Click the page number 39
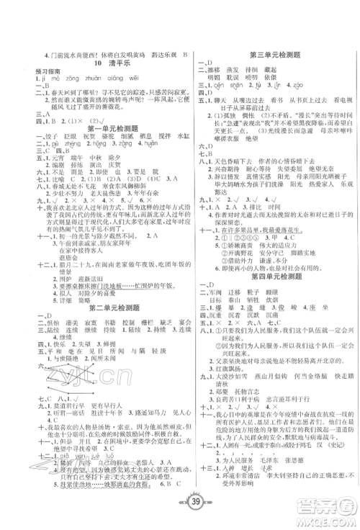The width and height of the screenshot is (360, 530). coord(180,511)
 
